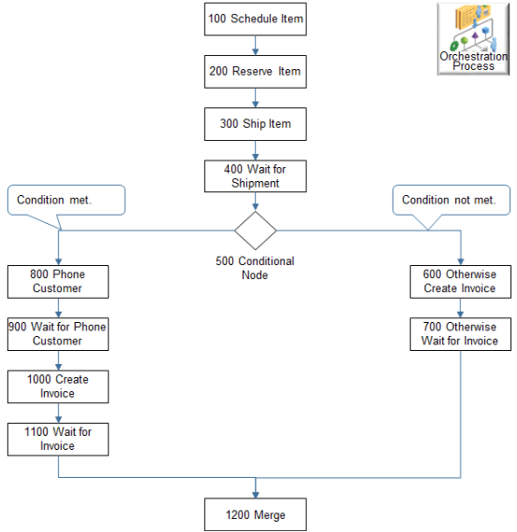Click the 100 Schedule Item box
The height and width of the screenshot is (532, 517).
[x=256, y=19]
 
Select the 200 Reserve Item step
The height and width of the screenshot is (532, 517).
[x=256, y=71]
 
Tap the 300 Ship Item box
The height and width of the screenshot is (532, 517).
[x=256, y=123]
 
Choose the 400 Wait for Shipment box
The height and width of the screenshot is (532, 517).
[x=256, y=175]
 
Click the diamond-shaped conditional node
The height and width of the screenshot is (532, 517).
[x=256, y=230]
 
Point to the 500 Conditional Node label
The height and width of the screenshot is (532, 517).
[x=255, y=268]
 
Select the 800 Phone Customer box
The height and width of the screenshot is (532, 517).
[x=58, y=281]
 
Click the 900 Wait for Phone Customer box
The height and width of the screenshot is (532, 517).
[x=58, y=333]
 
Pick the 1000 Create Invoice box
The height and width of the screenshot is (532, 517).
[x=58, y=385]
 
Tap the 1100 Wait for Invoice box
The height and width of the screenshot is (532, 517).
[x=58, y=438]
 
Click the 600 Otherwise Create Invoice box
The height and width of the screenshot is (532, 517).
[x=461, y=281]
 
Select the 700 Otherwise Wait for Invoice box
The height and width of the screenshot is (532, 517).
[x=461, y=333]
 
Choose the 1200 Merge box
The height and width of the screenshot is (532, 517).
[x=256, y=514]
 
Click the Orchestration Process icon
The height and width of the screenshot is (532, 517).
[x=474, y=38]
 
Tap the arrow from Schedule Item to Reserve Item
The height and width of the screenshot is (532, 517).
[x=256, y=46]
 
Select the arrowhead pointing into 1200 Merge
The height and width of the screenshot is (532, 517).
[x=256, y=492]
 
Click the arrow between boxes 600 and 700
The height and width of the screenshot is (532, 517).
[x=461, y=307]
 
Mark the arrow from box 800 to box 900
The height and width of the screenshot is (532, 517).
[x=58, y=307]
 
